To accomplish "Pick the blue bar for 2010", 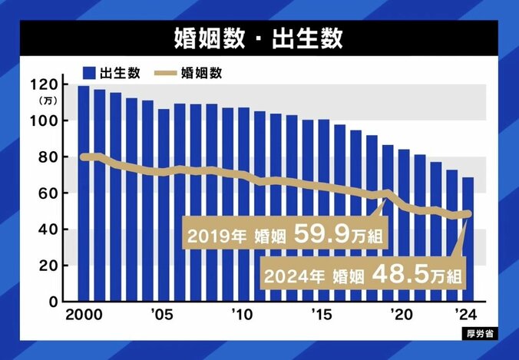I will click(x=243, y=204).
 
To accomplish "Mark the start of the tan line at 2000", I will click(x=84, y=157).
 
